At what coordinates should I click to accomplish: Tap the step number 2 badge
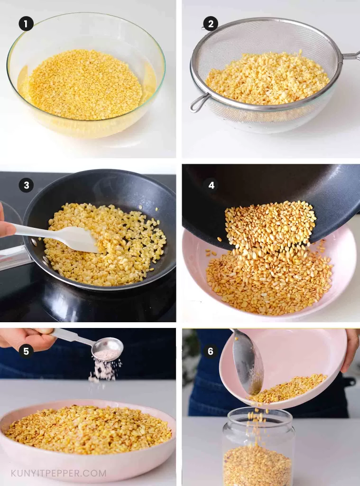point(211,24)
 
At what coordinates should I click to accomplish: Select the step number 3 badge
point(26,185)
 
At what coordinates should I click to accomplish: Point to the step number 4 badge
point(211,185)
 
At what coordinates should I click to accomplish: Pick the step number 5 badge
point(26,351)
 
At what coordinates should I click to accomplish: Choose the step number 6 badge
point(211,351)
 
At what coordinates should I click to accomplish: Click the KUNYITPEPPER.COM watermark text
point(59,473)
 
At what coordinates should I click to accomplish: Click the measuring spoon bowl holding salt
point(108,349)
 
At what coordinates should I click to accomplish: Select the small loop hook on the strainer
point(199,103)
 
